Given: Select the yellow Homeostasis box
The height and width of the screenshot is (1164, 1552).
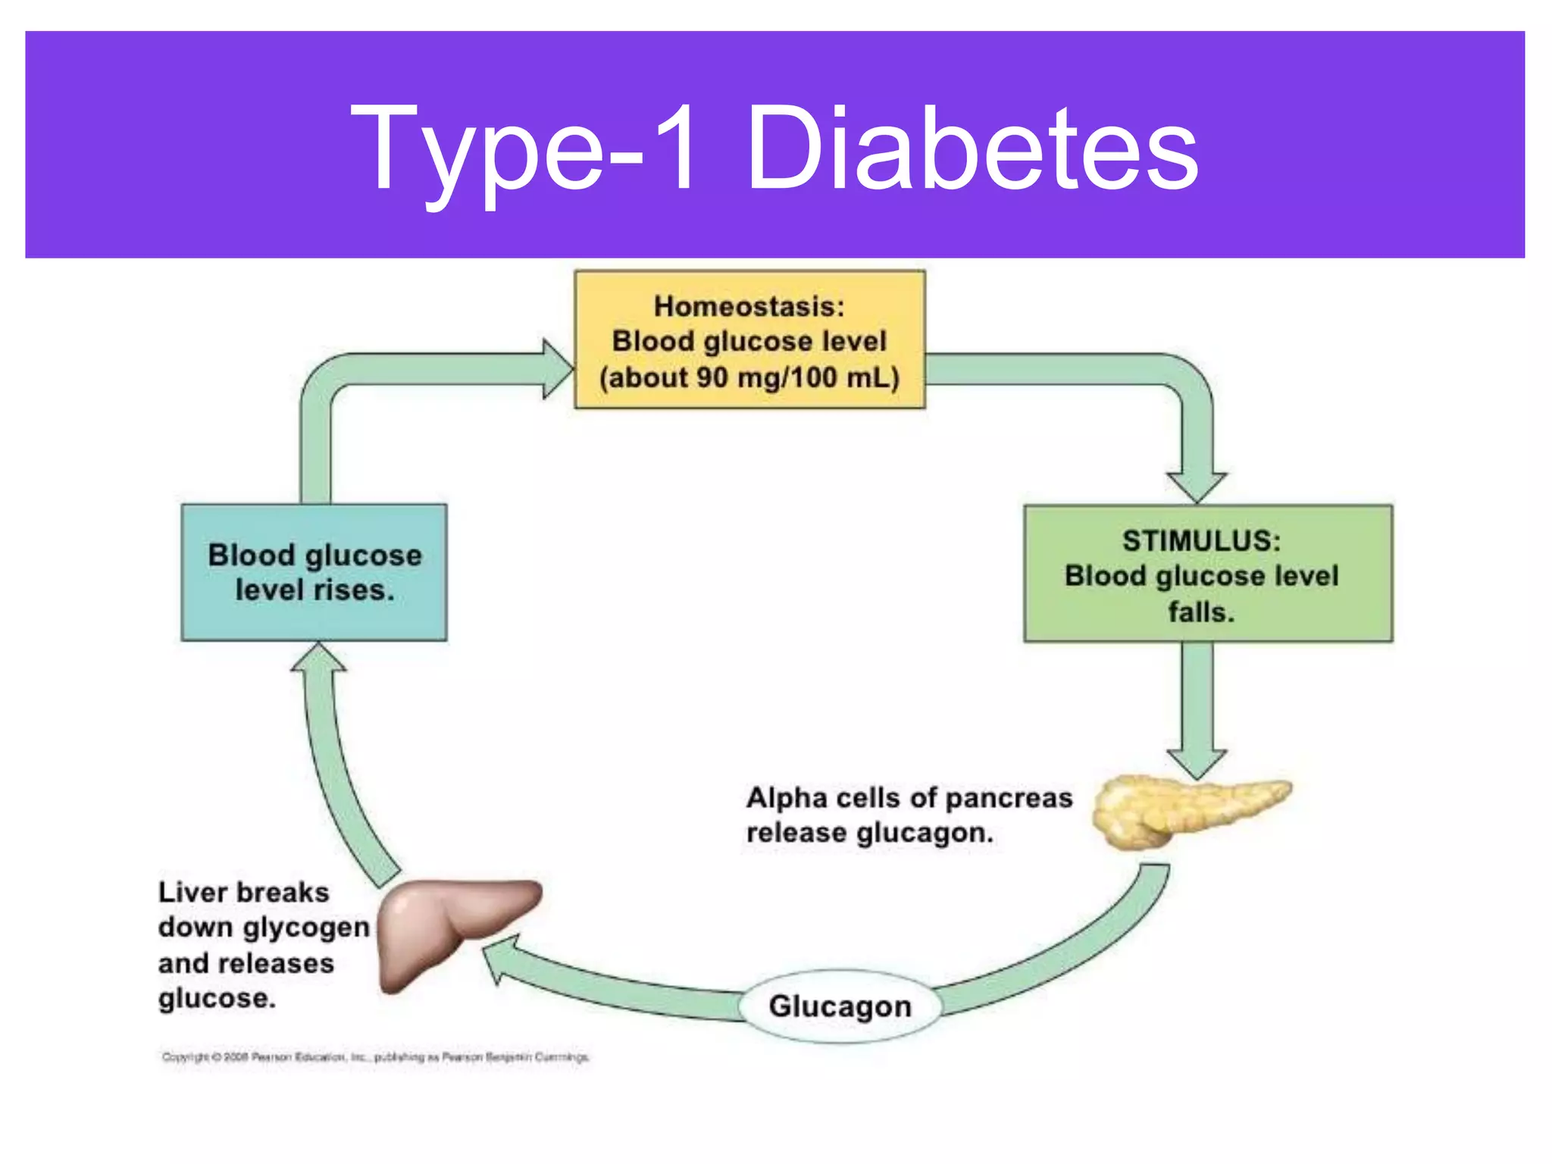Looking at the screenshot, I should coord(749,340).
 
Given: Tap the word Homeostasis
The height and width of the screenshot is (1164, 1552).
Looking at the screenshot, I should coord(749,306).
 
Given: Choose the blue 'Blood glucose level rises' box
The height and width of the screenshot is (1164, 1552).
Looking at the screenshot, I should coord(314,572).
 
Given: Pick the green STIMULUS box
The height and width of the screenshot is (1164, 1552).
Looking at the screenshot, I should coord(1207,574).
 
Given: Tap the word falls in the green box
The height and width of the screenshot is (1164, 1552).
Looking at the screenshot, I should coord(1200,612).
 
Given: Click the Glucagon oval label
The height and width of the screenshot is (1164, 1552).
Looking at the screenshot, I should coord(840,1006).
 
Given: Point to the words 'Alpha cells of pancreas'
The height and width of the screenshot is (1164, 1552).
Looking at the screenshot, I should coord(909,798).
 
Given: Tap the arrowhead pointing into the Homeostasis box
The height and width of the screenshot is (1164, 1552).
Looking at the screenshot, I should coord(558,369).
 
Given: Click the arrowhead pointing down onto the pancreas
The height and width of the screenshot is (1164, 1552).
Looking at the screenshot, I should coord(1197,762).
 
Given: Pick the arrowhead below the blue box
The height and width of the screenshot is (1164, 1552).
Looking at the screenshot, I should coord(318,658).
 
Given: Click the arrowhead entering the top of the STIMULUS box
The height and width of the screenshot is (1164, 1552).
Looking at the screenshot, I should coord(1197,486).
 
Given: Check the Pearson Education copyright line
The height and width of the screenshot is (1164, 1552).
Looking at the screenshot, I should coord(375,1056).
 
